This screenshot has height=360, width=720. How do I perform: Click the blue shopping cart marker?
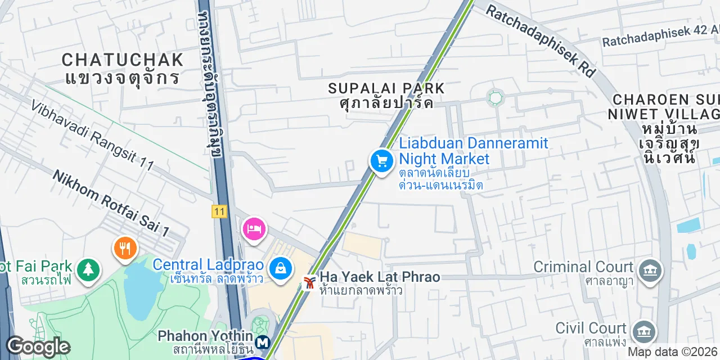(382, 161)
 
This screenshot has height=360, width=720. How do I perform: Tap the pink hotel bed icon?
(254, 229)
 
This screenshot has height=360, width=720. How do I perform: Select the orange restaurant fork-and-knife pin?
(125, 248)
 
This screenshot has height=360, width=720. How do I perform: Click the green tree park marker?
(88, 269)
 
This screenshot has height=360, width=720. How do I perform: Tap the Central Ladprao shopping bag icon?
(280, 268)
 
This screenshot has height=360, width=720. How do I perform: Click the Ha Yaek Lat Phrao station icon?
(308, 282)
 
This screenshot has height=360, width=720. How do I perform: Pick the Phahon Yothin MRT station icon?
(262, 341)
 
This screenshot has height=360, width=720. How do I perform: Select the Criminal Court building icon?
(650, 270)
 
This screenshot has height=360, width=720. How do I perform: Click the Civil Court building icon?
(643, 331)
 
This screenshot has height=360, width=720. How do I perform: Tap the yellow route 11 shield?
(219, 211)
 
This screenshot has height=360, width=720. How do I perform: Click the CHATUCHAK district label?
(123, 60)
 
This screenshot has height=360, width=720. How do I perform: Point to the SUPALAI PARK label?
(386, 88)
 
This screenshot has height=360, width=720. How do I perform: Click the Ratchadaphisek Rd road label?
(541, 41)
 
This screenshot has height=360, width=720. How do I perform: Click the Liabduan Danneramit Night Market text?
(473, 150)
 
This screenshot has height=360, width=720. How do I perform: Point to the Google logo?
(38, 346)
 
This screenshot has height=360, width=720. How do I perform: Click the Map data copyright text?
(673, 352)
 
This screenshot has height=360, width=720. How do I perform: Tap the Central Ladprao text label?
(208, 264)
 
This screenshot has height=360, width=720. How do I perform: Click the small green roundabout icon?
(496, 98)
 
